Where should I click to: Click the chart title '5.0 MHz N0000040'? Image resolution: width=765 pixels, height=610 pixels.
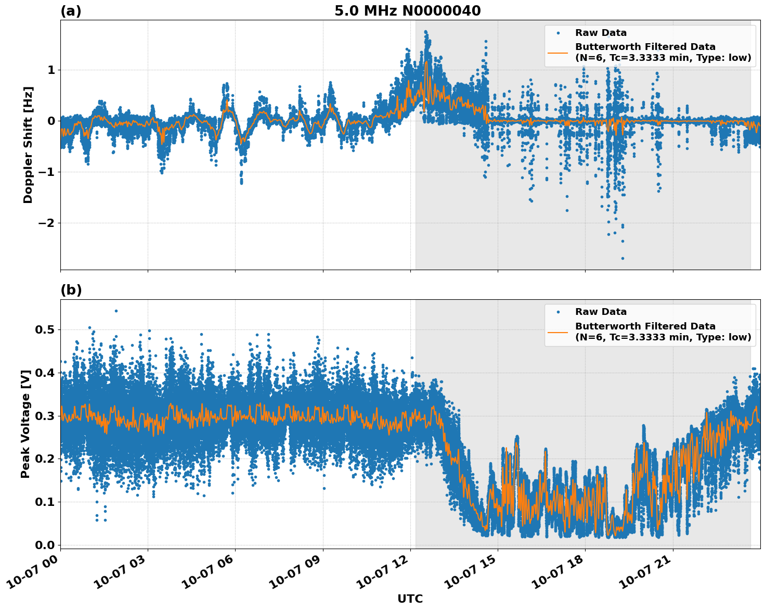pos(407,11)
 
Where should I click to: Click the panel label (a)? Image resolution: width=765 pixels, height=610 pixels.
pos(71,11)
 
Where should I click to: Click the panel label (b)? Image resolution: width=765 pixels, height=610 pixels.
pos(71,290)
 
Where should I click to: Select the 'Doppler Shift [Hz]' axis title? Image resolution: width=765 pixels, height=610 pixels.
pos(28,145)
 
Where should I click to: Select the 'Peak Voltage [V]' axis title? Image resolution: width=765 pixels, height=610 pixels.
pos(25,424)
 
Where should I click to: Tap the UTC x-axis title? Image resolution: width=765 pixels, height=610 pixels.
pos(410,599)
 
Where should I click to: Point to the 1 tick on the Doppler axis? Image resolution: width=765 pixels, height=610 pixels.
pos(51,70)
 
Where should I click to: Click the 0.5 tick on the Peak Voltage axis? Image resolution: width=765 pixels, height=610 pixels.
pos(45,329)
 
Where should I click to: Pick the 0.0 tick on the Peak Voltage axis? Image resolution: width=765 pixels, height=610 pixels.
pos(45,545)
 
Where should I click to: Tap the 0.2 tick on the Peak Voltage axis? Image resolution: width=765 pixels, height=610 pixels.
pos(45,459)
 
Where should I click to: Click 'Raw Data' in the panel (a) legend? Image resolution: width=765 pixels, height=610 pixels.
pos(601,33)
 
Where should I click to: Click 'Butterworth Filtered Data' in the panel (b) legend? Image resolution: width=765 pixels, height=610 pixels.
pos(645,326)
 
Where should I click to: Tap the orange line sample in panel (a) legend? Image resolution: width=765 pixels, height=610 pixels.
pos(558,52)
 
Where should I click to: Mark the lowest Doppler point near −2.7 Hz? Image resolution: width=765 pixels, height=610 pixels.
pos(623,258)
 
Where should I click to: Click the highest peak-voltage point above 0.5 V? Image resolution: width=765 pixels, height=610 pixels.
pos(116,311)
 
